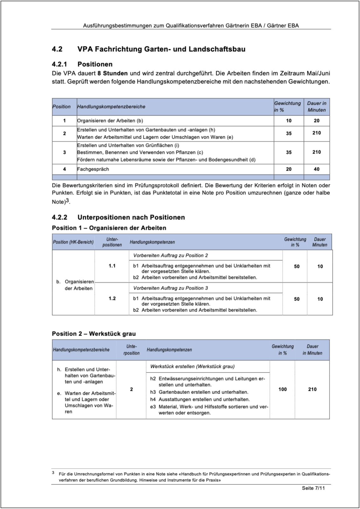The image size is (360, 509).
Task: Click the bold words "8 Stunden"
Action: pos(113,73)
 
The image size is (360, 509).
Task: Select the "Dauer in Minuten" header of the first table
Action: pos(316,107)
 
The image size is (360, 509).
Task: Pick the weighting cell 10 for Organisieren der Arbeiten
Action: pos(288,121)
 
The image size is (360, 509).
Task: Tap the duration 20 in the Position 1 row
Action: pos(316,121)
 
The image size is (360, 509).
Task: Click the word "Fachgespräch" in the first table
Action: pos(93,169)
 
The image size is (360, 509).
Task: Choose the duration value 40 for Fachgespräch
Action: pos(316,169)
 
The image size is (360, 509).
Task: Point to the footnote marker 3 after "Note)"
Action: pos(67,201)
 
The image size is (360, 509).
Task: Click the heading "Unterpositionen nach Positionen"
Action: pos(131,217)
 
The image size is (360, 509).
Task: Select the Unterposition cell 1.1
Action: pos(112,266)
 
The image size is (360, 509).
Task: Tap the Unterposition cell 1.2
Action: pos(112,298)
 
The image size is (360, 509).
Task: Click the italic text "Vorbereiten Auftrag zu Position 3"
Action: pos(170,288)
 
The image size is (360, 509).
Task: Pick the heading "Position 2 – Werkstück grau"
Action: pos(94,334)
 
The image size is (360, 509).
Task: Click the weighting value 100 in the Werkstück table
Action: pos(282,389)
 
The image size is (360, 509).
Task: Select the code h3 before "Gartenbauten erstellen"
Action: pos(153,392)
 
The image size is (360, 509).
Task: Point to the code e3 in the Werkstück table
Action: pos(153,407)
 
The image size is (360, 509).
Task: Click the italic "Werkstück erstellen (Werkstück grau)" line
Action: pos(192,366)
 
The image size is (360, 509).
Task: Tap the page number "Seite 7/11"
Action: pos(313,488)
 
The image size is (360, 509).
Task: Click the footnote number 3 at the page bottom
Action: pos(53,473)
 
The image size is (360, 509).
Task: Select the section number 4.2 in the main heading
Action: pos(57,49)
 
